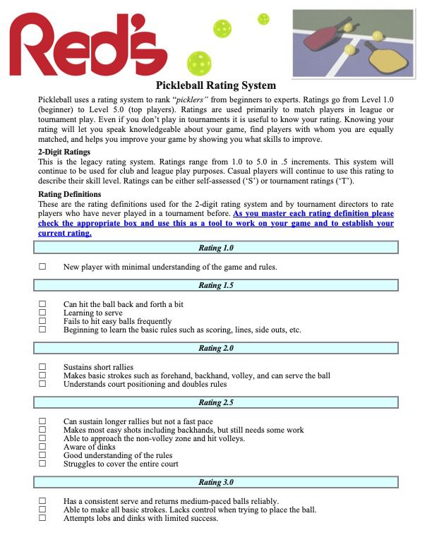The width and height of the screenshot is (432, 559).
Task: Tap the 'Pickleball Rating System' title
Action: click(x=216, y=86)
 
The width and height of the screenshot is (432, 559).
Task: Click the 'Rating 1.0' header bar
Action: click(x=216, y=248)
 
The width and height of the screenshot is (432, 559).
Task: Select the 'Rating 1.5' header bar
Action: click(x=216, y=286)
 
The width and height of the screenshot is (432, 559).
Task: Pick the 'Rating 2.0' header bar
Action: click(x=216, y=348)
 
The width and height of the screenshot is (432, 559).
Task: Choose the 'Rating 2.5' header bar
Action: click(x=216, y=402)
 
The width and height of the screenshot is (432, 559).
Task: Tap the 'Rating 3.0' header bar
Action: click(x=216, y=482)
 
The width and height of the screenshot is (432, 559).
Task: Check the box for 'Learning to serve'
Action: click(x=42, y=312)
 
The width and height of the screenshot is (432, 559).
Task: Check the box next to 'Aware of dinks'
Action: click(x=42, y=447)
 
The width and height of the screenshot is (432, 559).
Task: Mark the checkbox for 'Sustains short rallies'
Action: click(x=42, y=367)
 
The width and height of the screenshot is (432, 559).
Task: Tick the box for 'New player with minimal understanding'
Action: click(x=42, y=267)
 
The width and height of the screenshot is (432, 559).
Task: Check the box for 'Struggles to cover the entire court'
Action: click(x=42, y=464)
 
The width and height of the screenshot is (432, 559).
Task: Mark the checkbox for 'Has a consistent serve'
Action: click(x=42, y=501)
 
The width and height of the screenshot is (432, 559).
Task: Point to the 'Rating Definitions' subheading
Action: click(x=69, y=194)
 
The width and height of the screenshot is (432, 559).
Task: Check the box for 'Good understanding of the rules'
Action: click(x=42, y=455)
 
